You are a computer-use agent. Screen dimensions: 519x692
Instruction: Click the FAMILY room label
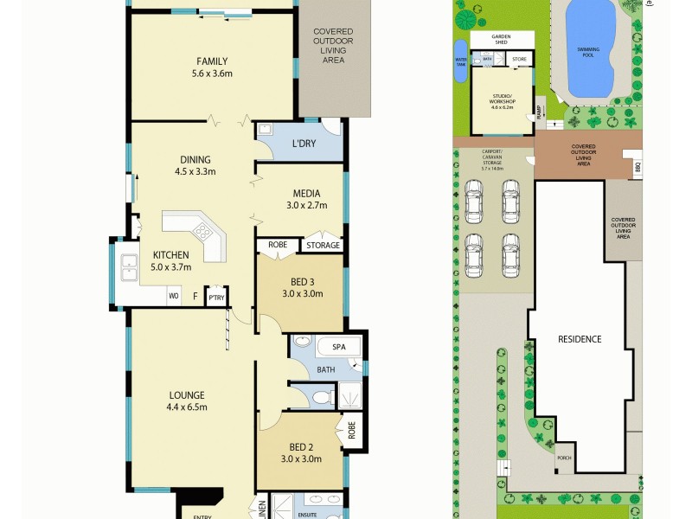212,61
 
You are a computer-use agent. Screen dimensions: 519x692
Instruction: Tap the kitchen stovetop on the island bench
202,231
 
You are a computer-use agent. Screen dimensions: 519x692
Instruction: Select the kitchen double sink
129,269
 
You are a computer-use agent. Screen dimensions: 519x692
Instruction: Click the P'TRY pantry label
215,298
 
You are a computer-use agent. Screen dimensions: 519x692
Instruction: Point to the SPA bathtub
339,347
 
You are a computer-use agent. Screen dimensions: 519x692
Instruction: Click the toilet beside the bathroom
323,397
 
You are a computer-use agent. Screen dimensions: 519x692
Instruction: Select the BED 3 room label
301,281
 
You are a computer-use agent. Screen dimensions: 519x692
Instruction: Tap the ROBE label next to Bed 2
352,430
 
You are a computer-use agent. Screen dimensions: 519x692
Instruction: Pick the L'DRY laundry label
304,143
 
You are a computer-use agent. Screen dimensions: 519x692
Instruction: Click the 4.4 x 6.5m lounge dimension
188,407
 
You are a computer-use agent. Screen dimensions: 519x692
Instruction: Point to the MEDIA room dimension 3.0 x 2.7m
307,206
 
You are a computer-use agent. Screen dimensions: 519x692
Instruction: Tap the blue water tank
460,61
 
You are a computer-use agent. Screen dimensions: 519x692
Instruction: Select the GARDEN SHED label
502,39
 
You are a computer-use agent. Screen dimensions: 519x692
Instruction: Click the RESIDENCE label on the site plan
578,339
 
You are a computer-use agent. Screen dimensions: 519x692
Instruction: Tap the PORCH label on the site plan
565,458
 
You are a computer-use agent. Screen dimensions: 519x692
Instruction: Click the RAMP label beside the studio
538,112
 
